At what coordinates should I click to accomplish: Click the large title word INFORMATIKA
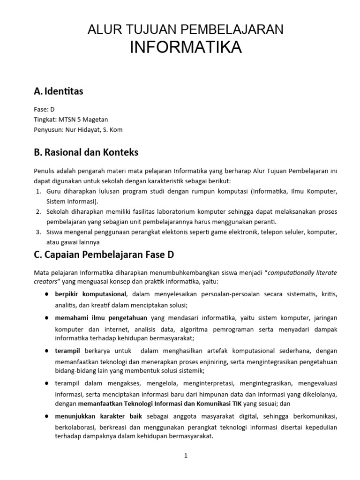coord(185,47)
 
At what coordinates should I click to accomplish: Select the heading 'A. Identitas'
coord(59,91)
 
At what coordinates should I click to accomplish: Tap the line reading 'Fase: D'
coord(45,109)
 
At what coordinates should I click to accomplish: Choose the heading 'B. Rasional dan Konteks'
coord(86,153)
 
